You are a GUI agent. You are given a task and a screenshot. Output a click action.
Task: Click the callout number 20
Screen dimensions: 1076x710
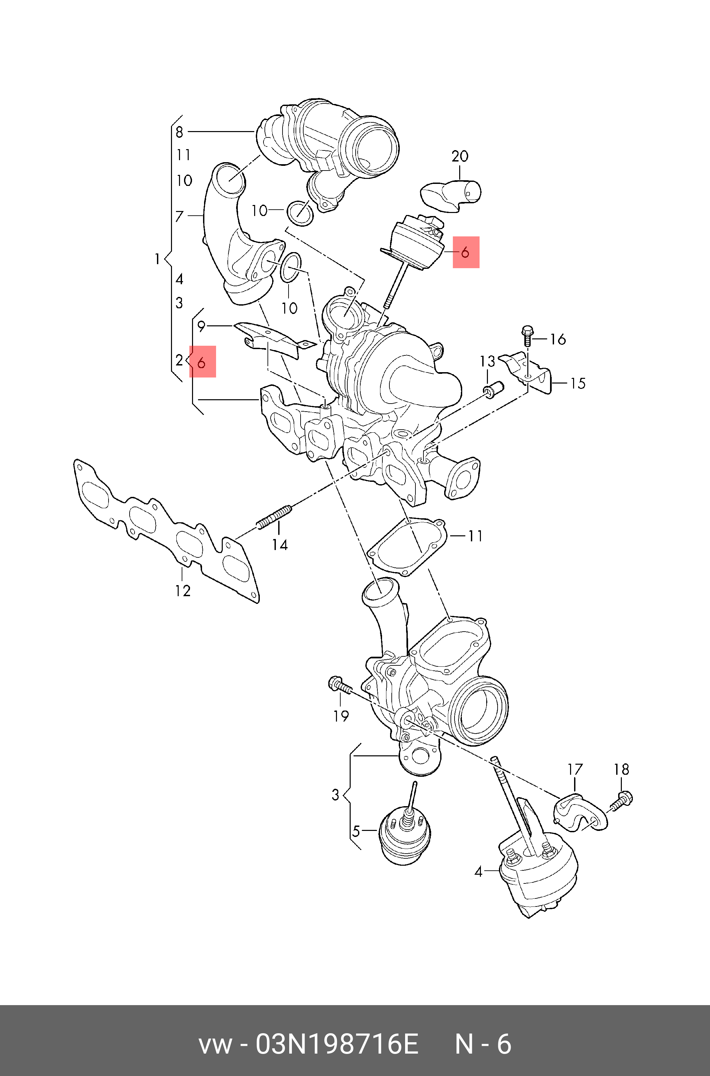point(460,156)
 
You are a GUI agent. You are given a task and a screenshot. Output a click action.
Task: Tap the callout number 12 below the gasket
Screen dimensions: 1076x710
point(183,590)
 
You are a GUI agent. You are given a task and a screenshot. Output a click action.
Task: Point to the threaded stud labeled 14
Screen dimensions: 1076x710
point(274,518)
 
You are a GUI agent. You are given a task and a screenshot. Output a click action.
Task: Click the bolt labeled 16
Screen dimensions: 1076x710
point(527,336)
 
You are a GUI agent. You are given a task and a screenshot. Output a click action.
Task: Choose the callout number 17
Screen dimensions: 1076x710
point(575,769)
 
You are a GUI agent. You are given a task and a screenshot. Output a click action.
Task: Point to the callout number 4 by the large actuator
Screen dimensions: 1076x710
point(479,871)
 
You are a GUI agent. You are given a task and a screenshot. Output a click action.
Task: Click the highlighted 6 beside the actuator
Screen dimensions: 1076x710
point(466,252)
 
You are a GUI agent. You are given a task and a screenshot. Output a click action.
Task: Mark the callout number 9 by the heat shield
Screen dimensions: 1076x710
point(201,326)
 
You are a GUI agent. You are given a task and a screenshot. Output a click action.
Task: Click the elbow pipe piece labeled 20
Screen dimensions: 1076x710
point(451,195)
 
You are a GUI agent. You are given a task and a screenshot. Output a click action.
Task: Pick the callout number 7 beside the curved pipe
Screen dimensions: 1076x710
point(179,216)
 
